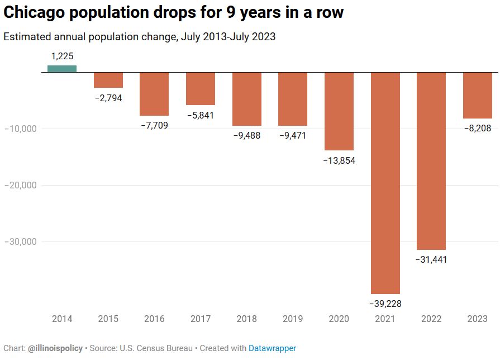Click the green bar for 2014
62,69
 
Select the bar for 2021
385,183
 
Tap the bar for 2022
431,161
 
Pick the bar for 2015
108,80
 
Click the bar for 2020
339,111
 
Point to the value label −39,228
385,304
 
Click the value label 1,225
62,56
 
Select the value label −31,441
431,259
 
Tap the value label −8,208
478,128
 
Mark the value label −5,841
201,115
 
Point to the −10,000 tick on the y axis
20,129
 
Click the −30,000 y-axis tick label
20,241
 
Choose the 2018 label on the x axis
246,319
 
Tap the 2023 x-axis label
478,319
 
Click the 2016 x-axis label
154,319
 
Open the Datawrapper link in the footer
272,348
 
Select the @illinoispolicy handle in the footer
55,348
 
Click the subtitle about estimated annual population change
139,37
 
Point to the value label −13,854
339,160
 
